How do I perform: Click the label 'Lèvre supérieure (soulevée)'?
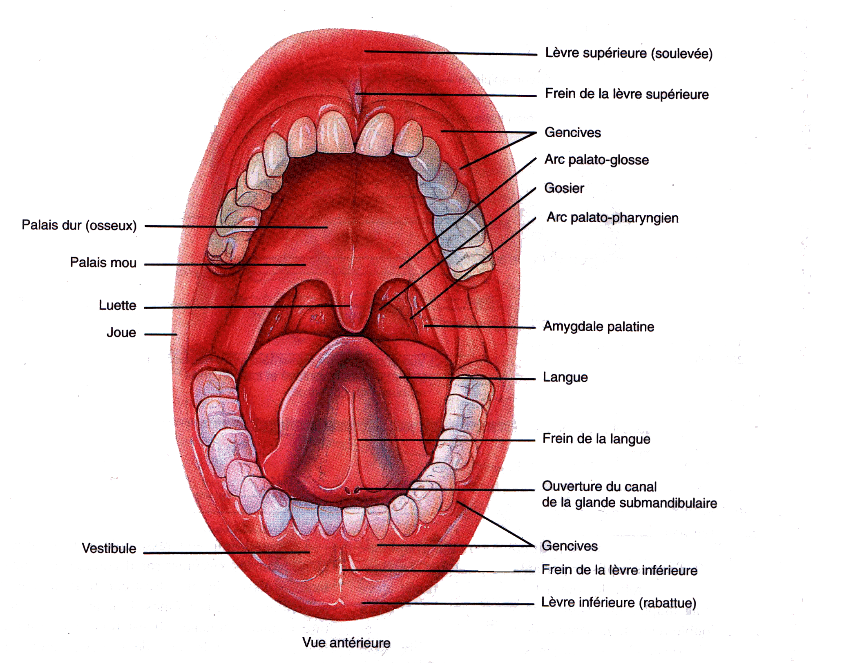[629, 54]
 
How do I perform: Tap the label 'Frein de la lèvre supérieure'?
[627, 94]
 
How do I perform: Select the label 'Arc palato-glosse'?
[596, 160]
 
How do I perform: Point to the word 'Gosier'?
[564, 188]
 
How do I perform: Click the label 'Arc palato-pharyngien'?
[612, 218]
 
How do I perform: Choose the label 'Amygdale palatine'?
[599, 326]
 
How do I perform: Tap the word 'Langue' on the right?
[565, 377]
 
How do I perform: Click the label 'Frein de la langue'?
[596, 439]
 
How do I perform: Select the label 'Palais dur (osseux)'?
[79, 225]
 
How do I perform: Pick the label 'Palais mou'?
[103, 262]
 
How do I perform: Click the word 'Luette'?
[117, 305]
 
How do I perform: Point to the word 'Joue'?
[121, 333]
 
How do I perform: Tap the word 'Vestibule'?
[109, 548]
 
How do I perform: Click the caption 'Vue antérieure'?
[346, 643]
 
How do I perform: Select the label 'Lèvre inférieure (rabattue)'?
[619, 603]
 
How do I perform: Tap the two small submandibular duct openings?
[352, 489]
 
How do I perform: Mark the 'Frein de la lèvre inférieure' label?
[619, 570]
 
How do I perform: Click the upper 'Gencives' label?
[573, 132]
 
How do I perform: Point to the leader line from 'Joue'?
[161, 334]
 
